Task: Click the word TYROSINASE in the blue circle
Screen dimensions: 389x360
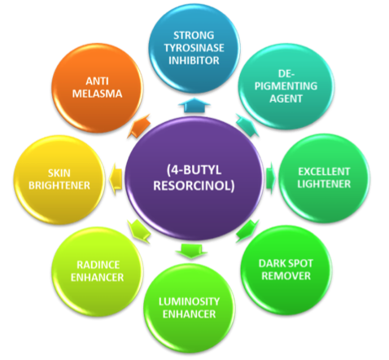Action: [x=194, y=48]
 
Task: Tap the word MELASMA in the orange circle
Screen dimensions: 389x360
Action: [x=97, y=94]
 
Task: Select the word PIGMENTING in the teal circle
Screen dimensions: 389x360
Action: [x=286, y=86]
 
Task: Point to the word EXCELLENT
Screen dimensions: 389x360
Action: [x=324, y=172]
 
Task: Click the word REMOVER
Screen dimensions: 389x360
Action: [x=286, y=276]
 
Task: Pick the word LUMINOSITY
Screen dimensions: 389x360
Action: [x=189, y=301]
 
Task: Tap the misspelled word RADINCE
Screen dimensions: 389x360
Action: [x=98, y=265]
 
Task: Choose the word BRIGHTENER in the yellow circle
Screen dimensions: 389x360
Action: [x=59, y=186]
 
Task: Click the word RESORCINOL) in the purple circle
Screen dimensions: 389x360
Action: [x=194, y=186]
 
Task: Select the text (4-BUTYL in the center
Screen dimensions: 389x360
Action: [x=194, y=170]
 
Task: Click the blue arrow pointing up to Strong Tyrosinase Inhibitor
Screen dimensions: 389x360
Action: [x=194, y=105]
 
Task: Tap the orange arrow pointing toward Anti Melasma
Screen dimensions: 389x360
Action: [x=139, y=126]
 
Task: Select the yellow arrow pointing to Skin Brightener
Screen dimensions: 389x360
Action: [x=116, y=179]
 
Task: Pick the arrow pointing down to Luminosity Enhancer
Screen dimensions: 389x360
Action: [x=191, y=251]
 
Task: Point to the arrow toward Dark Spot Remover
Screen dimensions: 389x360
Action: [x=247, y=230]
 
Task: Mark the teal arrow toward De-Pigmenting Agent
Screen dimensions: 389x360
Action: [x=247, y=125]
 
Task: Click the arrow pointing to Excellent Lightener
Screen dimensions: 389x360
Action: [x=271, y=178]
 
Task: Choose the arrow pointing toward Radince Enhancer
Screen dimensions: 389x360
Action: [x=139, y=231]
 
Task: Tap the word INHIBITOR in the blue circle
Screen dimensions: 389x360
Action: [x=194, y=60]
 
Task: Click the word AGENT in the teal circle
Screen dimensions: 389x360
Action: [x=286, y=99]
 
